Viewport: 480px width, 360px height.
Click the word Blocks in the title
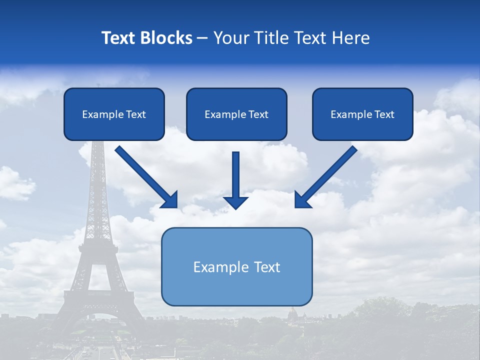point(166,38)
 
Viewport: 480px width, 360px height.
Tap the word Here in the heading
point(351,38)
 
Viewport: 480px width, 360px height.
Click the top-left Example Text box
point(114,114)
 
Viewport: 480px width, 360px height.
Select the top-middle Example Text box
point(236,114)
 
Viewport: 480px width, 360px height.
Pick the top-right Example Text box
point(362,114)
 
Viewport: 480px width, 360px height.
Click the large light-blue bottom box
point(236,266)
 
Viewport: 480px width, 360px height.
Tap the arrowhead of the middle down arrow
point(235,202)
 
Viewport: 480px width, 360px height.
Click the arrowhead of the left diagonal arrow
point(170,199)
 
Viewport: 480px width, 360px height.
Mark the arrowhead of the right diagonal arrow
point(302,200)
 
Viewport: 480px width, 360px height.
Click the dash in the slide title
point(202,38)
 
